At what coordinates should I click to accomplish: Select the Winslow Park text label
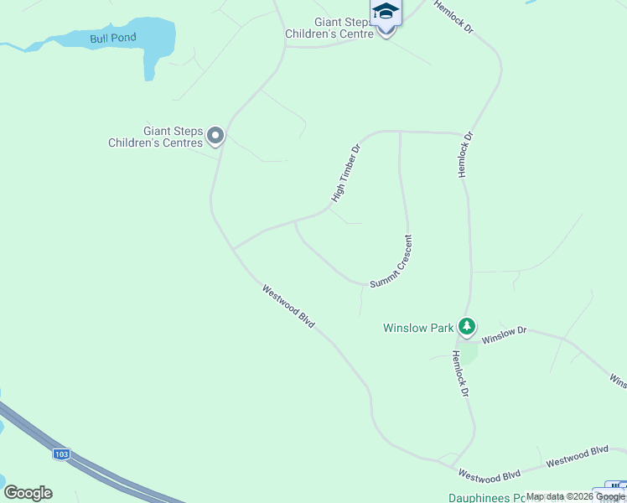[x=418, y=328]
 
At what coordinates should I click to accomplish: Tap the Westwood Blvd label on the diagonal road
[x=288, y=306]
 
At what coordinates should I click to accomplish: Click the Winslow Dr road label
[x=504, y=334]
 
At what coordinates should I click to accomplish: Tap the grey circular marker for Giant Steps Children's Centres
[x=215, y=136]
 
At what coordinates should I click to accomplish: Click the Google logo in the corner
[x=28, y=493]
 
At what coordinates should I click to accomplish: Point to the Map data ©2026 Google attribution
[x=576, y=497]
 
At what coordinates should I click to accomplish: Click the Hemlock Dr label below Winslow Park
[x=458, y=373]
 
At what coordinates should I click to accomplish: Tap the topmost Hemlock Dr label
[x=454, y=18]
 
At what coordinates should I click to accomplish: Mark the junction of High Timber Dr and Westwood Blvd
[x=233, y=249]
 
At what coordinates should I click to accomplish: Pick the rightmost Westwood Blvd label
[x=577, y=457]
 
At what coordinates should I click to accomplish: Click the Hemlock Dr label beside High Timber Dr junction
[x=464, y=153]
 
